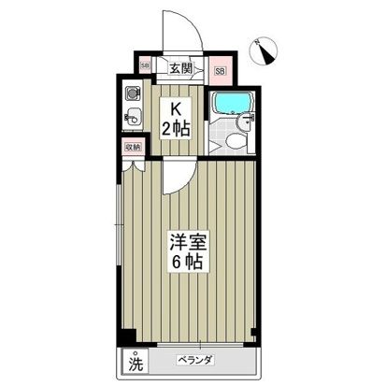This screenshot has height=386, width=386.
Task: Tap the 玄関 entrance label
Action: click(181, 67)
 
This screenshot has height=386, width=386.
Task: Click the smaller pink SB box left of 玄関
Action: click(145, 66)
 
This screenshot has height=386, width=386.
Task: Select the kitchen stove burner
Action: click(133, 93)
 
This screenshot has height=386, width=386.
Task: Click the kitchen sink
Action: click(133, 119)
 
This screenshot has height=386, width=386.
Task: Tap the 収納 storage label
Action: click(132, 148)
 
